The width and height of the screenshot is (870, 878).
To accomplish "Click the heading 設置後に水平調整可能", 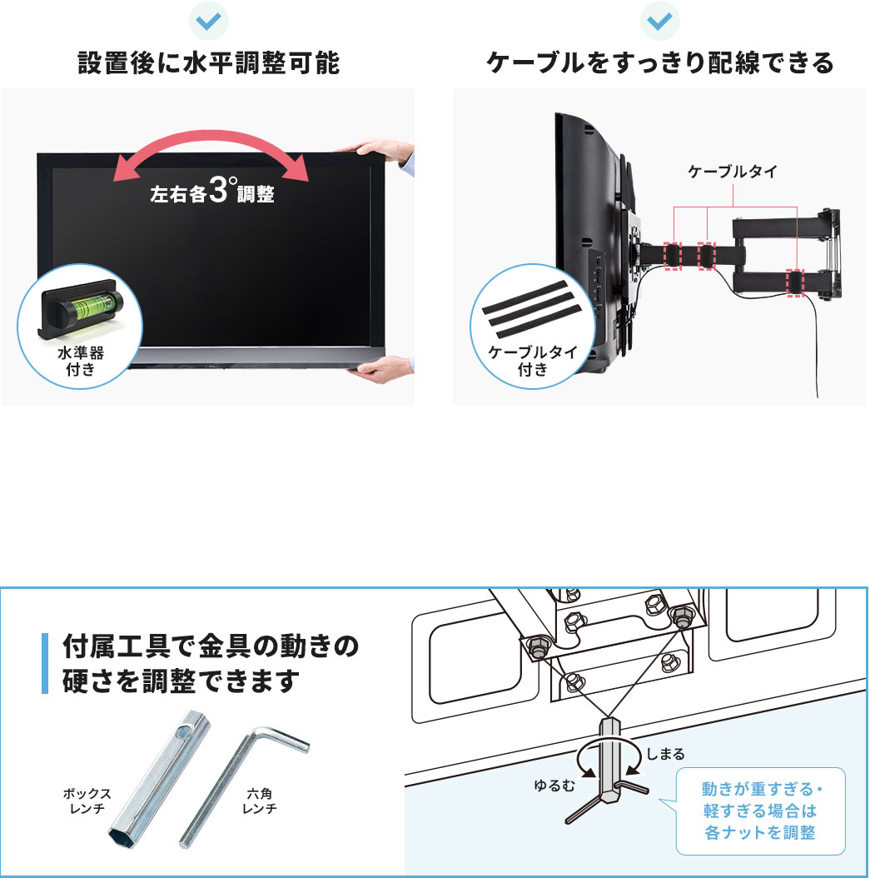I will [208, 64].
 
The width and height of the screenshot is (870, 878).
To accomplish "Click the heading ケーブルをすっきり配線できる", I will [659, 64].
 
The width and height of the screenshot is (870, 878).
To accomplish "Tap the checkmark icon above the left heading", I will [208, 21].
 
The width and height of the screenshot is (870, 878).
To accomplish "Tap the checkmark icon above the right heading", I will [659, 21].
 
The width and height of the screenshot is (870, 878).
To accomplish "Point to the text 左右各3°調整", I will [211, 193].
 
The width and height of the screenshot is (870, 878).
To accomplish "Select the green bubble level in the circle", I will [82, 304].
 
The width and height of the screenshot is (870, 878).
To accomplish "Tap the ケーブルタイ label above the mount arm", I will [732, 172].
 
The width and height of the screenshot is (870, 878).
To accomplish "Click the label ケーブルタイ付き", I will [532, 361].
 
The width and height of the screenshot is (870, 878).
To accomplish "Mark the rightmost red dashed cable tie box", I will [797, 282].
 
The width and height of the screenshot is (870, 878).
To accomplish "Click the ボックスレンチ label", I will [87, 801].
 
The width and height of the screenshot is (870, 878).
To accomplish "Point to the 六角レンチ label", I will [259, 801].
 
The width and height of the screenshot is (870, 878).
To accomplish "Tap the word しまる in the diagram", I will [665, 754].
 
